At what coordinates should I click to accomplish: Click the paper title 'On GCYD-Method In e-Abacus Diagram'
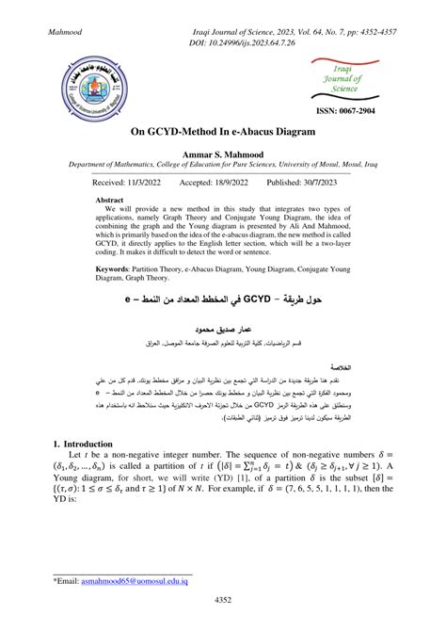point(222,136)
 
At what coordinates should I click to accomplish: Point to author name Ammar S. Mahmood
point(223,153)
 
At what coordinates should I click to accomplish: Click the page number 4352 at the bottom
point(223,600)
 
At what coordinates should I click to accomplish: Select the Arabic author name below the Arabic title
point(222,332)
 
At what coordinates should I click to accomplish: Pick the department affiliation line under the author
point(223,164)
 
